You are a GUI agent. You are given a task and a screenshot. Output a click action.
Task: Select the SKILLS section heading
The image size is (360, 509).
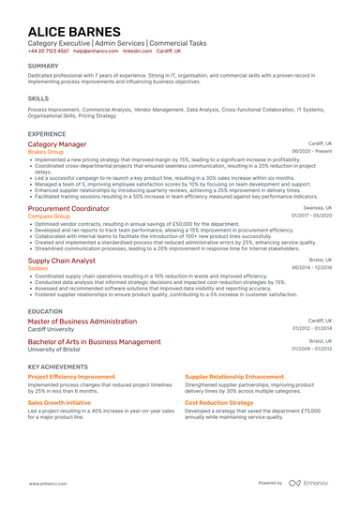click(38, 97)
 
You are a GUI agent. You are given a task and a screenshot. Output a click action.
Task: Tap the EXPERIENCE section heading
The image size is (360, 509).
click(47, 134)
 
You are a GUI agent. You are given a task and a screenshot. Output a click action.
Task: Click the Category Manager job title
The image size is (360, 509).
click(57, 144)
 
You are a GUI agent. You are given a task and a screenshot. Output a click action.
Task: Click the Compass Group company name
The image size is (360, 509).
click(49, 217)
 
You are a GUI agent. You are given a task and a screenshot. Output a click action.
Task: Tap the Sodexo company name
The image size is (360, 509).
click(37, 268)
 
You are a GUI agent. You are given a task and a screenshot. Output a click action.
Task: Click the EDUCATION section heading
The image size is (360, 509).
click(46, 311)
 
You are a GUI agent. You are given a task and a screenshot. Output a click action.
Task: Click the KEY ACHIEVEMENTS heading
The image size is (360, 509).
click(60, 367)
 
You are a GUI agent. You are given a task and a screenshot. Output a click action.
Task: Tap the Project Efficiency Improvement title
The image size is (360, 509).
click(71, 377)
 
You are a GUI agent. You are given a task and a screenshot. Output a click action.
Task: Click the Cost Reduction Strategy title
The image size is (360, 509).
click(218, 402)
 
